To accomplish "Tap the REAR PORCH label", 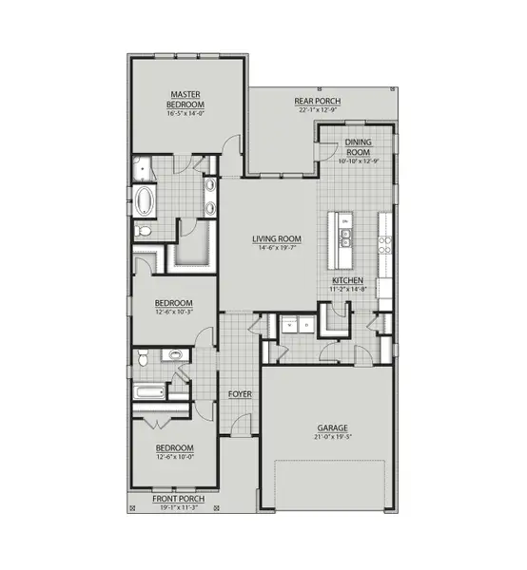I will (x=318, y=102).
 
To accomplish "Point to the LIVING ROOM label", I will (x=276, y=239).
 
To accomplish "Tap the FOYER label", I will (x=238, y=392).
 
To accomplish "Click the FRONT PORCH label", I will (x=176, y=500).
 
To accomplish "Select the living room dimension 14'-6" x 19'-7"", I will (x=276, y=249).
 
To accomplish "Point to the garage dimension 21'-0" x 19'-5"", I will (x=325, y=437).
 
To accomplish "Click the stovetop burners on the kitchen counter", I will (x=385, y=243).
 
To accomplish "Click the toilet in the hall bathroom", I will (x=142, y=358).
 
